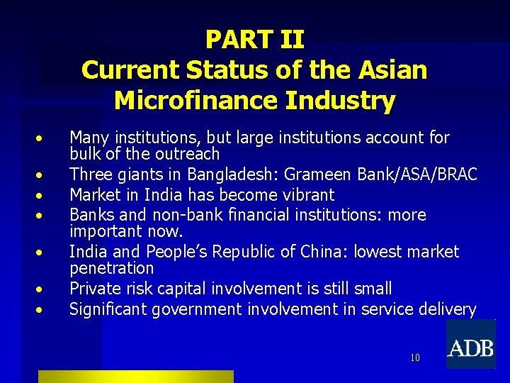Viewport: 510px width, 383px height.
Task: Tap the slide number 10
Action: (x=415, y=357)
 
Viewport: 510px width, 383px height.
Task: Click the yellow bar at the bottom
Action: (x=135, y=377)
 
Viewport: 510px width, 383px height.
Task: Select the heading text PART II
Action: (x=254, y=40)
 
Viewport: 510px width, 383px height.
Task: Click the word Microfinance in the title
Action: (x=195, y=101)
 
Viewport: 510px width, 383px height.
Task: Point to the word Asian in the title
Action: (x=392, y=70)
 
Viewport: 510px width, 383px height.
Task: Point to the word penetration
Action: (x=111, y=268)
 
